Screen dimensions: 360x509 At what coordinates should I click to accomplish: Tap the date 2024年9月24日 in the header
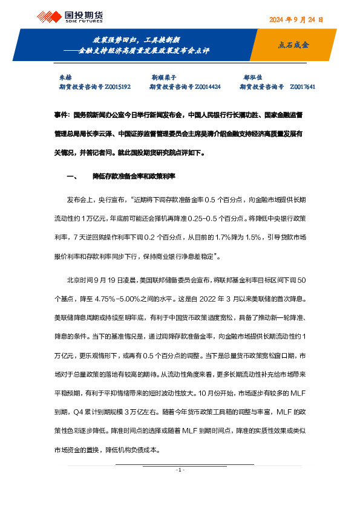(x=295, y=19)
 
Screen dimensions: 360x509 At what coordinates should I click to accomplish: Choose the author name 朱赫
(x=64, y=78)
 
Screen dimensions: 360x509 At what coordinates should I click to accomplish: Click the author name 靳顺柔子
(x=163, y=78)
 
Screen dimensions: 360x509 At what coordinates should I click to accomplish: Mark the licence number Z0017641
(x=303, y=87)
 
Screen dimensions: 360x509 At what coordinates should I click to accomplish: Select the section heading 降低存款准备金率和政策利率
(x=134, y=177)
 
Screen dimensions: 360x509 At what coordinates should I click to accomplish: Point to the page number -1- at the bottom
(x=180, y=470)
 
